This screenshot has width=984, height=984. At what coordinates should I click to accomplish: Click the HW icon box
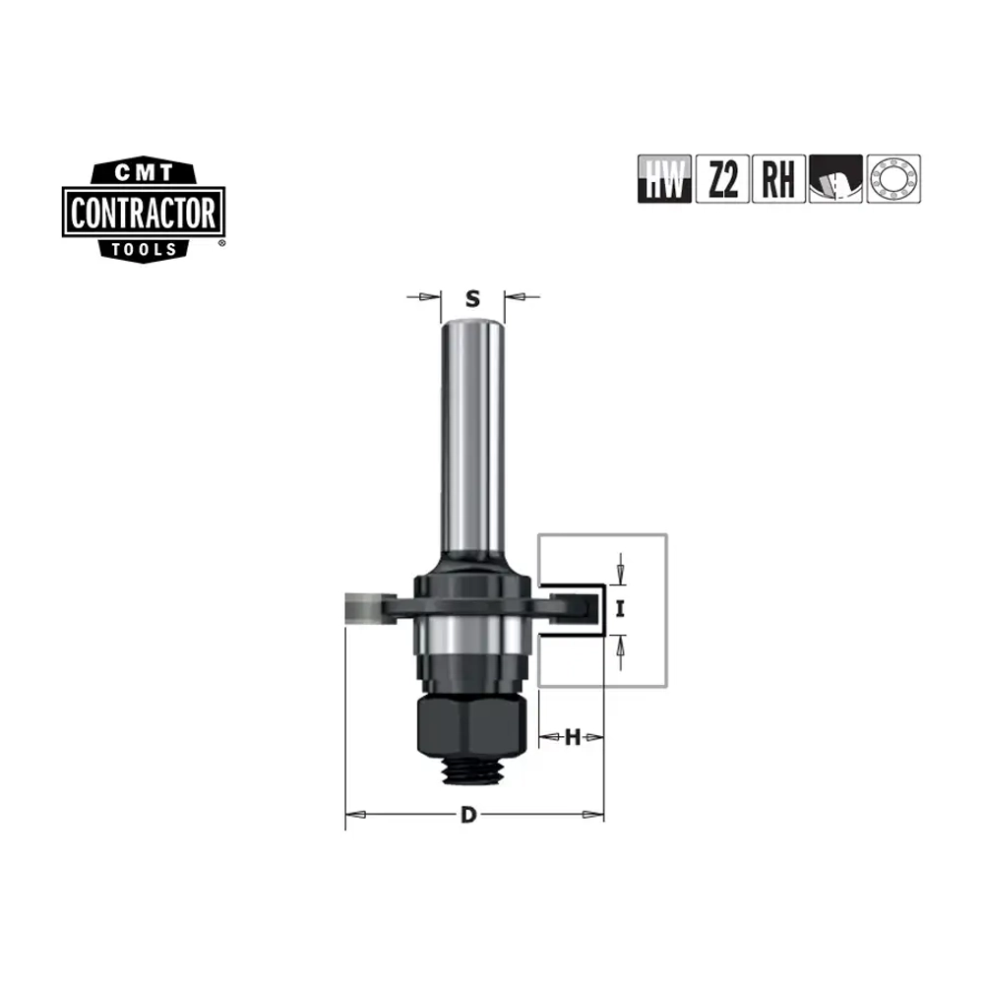(x=664, y=179)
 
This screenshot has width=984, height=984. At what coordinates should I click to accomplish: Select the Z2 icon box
(x=722, y=179)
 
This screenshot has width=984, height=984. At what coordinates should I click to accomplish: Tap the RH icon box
(x=778, y=179)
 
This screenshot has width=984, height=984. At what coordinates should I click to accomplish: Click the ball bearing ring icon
(x=893, y=179)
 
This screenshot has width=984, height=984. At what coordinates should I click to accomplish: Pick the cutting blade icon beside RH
(x=835, y=179)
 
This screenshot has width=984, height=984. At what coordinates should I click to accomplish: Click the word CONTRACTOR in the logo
(x=143, y=213)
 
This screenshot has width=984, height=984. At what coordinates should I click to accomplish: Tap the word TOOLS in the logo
(x=144, y=249)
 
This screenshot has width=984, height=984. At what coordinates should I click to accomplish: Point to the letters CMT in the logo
(x=144, y=172)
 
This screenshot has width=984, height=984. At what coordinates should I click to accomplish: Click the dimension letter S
(x=472, y=299)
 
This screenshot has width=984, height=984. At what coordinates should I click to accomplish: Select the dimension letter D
(x=468, y=815)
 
